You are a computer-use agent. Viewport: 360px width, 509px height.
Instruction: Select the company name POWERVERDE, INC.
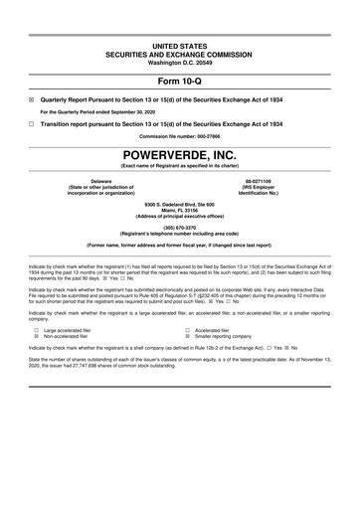(179, 157)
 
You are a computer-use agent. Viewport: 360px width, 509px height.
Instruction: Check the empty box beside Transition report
(32, 123)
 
